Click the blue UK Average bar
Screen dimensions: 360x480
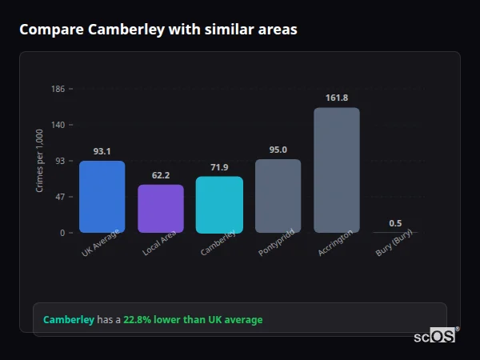click(102, 197)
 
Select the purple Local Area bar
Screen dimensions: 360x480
click(161, 209)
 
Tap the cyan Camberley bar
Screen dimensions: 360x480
click(219, 205)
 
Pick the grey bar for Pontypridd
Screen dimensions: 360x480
click(278, 196)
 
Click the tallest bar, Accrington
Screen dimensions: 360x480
click(337, 170)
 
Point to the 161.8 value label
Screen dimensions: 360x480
click(337, 98)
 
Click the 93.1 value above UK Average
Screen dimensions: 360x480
click(102, 151)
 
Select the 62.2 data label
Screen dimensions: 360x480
click(161, 175)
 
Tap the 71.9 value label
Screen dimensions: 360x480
click(219, 167)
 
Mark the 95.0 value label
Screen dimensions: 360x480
click(278, 150)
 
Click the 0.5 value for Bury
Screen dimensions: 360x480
click(395, 223)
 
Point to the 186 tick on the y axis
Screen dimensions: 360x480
click(58, 89)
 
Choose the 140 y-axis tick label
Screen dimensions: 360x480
click(58, 125)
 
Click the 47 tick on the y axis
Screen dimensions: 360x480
click(60, 197)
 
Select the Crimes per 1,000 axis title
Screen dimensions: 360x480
click(40, 161)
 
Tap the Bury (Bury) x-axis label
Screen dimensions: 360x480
click(394, 246)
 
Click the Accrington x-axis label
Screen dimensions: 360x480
click(335, 243)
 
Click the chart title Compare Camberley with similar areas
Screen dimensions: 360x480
click(158, 30)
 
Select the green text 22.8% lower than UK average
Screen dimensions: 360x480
click(193, 320)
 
